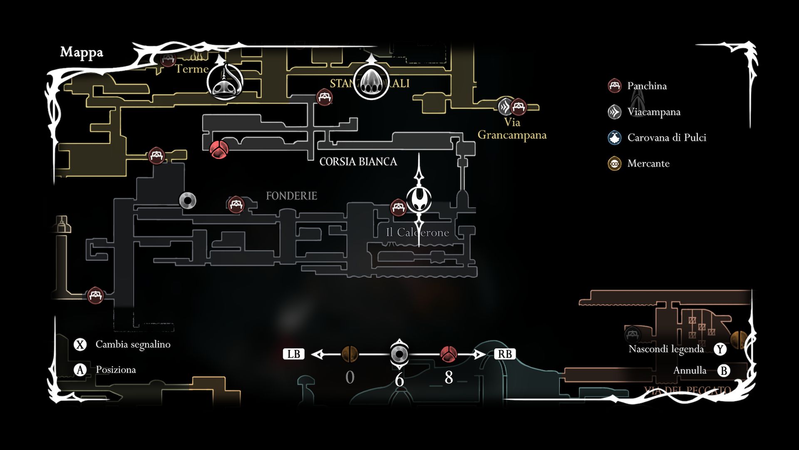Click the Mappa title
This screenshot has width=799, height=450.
pos(82,52)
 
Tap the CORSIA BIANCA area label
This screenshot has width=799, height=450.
pos(358,162)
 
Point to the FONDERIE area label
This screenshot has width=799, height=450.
pos(291,196)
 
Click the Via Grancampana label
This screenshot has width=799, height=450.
pos(512,129)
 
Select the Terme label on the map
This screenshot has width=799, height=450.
pos(191,69)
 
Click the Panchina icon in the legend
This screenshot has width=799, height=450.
pos(615,86)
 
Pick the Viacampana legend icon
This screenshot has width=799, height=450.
pos(615,112)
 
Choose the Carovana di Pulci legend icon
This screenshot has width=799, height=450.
pos(615,137)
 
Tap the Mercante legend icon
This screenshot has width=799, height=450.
pos(615,163)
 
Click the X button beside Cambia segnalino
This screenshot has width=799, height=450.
pos(80,345)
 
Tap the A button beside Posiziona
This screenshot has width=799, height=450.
pos(80,370)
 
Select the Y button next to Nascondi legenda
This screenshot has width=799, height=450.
pos(720,349)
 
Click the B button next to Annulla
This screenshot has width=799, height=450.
pos(724,370)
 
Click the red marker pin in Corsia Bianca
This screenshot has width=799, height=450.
pos(219,149)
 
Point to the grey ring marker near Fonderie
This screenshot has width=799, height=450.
pos(187,200)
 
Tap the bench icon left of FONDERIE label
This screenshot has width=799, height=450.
pos(236,205)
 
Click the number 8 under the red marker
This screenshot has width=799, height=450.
pos(449,377)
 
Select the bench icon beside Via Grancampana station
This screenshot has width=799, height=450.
pos(519,107)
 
